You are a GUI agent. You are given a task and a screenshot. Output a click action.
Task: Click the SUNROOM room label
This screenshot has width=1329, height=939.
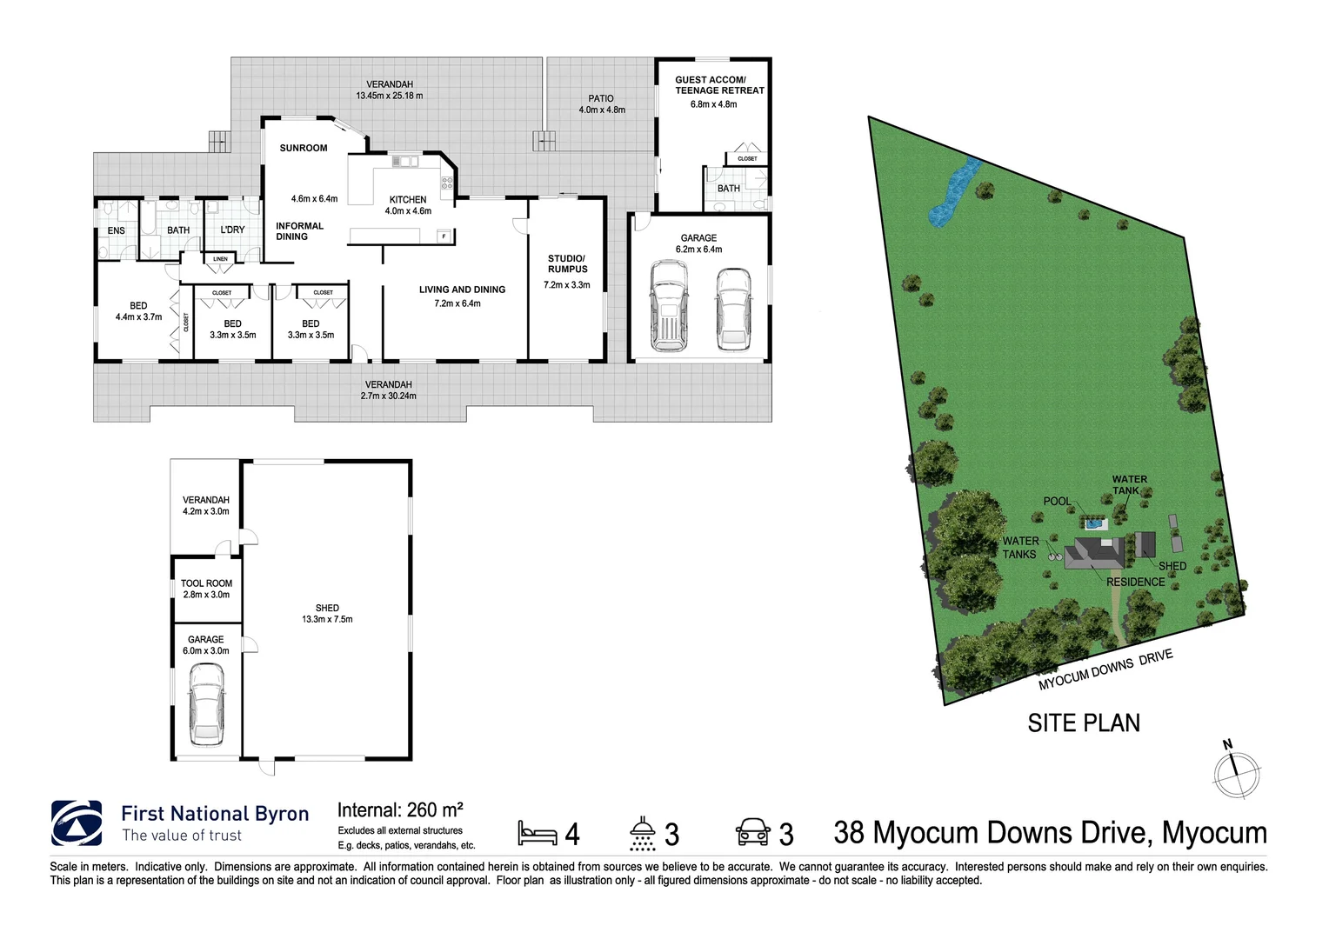coord(304,149)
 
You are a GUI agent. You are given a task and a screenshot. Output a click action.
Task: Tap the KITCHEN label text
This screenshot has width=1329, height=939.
coord(408,200)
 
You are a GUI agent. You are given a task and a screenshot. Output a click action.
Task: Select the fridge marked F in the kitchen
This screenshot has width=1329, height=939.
coord(444,236)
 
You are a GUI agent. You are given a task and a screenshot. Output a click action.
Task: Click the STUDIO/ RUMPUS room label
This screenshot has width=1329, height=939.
coord(567,263)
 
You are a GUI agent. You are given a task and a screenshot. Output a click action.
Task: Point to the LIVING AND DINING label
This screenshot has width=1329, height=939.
coord(462,290)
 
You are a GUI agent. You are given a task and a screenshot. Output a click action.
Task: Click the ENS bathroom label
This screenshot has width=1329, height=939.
coord(117,231)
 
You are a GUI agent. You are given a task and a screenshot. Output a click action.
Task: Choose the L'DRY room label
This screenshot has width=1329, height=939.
coord(232,230)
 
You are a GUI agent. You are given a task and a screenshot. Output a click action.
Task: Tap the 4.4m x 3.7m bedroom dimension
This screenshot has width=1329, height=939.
coord(138,317)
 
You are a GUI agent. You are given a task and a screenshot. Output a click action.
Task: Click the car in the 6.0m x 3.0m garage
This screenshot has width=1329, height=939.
coord(207,704)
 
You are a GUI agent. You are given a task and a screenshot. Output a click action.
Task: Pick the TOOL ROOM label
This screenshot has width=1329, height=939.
coord(206,583)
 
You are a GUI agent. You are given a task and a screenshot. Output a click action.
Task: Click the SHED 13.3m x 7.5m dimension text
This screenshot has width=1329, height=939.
coord(327,620)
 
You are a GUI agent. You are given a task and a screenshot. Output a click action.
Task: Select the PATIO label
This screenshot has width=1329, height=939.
coord(601,99)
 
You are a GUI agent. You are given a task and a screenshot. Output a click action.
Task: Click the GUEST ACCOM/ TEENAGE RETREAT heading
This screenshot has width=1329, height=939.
coord(719,85)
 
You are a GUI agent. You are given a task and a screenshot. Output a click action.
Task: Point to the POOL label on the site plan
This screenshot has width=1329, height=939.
coord(1057,502)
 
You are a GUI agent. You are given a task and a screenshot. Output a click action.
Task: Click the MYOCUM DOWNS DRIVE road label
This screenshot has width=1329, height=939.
coord(1105,669)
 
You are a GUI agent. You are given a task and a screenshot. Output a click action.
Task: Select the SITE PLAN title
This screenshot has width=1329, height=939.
coord(1083,723)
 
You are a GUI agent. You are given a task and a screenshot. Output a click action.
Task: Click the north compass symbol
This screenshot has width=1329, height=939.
coord(1236,773)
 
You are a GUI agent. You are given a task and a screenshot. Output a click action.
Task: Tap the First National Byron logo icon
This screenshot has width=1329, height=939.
coord(77,823)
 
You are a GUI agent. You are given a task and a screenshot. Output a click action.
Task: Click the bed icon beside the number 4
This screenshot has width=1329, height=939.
coord(537,834)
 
